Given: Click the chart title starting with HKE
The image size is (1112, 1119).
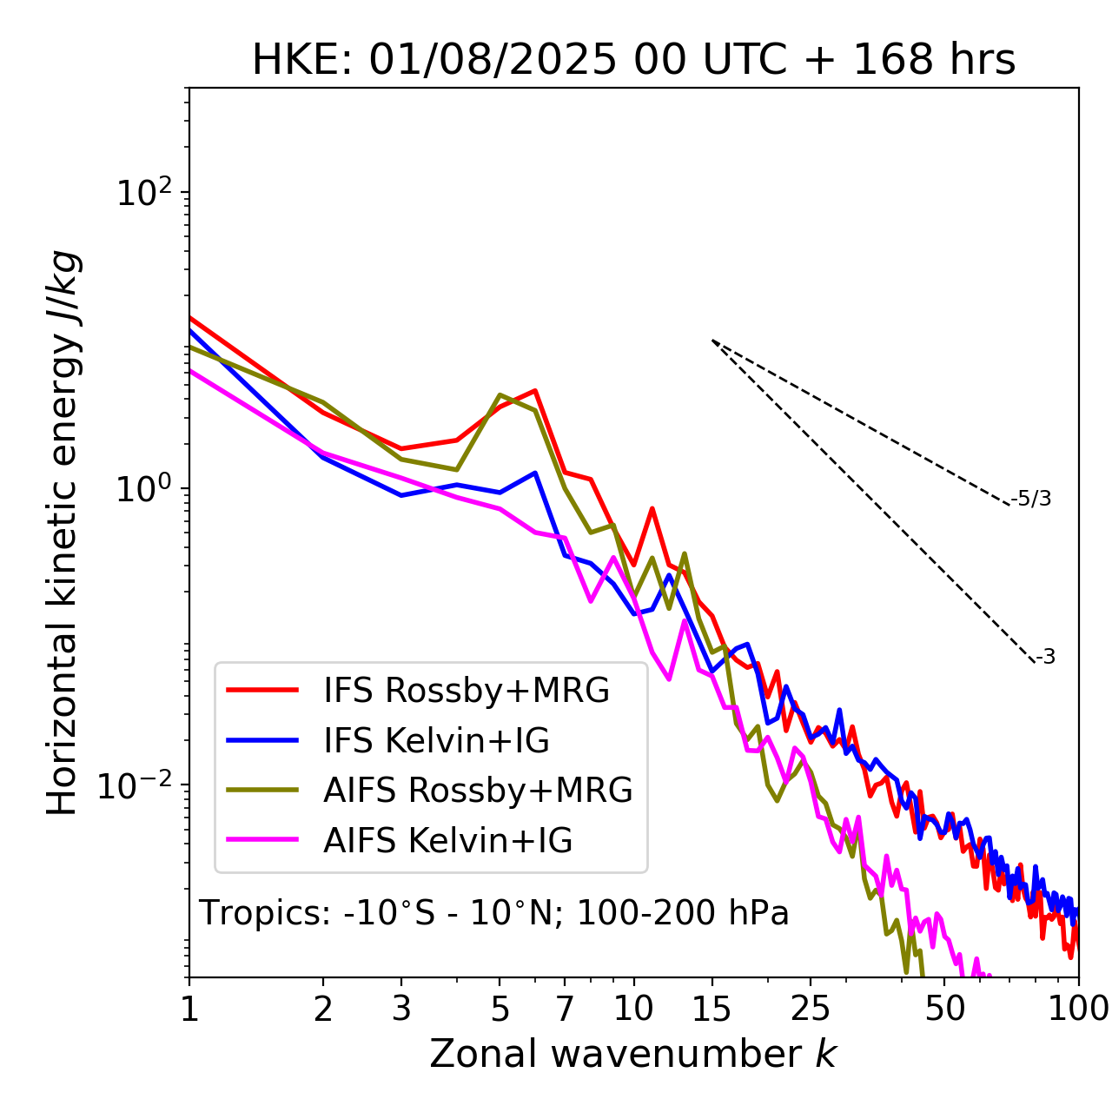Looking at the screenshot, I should point(633,61).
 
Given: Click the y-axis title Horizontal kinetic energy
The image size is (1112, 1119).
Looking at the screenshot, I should point(63,533).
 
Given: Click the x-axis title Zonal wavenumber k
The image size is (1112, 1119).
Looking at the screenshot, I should point(632,1054).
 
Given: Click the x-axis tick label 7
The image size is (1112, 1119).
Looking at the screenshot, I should point(565,1010).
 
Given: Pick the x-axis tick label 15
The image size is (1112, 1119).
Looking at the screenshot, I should point(712,1010).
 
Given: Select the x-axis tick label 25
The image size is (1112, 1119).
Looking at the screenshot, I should point(811,1010).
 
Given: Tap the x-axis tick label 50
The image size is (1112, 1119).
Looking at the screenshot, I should point(944,1010).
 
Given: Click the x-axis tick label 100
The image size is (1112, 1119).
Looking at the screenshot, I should point(1077,1010).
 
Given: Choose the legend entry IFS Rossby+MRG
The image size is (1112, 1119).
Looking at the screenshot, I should point(466,691).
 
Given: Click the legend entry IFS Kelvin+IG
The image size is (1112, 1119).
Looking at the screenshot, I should point(436,741).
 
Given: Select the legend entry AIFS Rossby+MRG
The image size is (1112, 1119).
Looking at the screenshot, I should point(478,791).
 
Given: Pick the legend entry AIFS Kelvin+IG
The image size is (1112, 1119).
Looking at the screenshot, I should point(447,841).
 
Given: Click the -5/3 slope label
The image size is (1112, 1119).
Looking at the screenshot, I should point(1031,500).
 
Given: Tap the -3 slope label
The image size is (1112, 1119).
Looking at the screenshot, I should point(1045,658).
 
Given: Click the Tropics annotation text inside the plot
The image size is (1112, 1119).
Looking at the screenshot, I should point(493,914).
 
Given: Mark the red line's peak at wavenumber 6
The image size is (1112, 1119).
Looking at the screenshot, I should point(535,391).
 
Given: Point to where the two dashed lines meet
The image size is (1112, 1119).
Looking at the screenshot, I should point(712,341).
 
